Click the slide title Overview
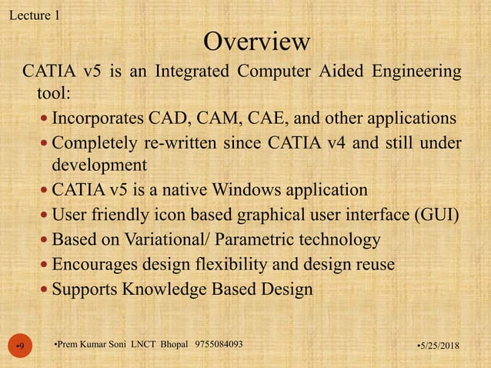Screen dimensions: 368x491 pos(257,39)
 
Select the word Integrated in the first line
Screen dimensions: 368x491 pos(192,73)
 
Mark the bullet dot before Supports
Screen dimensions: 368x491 pos(43,290)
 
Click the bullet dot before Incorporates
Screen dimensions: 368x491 pos(43,120)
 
